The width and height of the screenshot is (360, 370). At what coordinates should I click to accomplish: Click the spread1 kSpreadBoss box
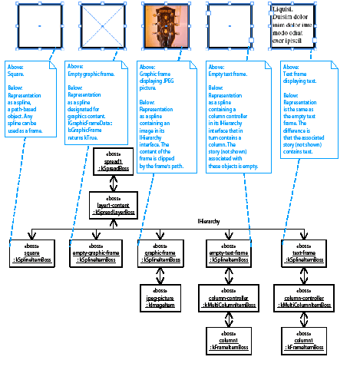click(x=113, y=163)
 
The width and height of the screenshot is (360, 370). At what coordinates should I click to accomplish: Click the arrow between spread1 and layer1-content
click(x=113, y=183)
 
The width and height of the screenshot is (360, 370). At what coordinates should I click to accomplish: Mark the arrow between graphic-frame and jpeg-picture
click(x=163, y=276)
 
